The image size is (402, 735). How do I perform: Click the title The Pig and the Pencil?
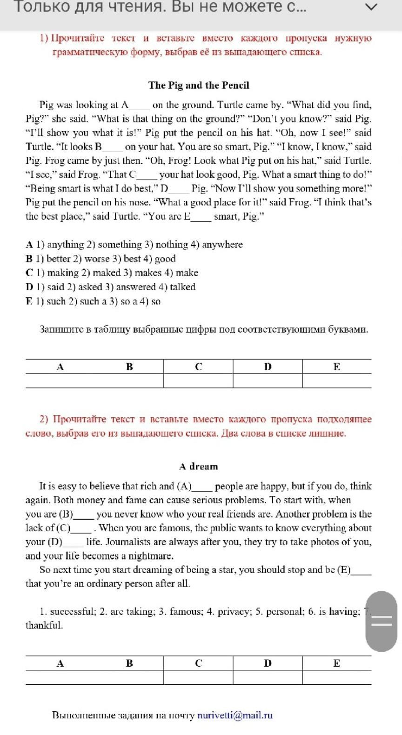click(199, 85)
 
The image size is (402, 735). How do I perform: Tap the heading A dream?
click(198, 466)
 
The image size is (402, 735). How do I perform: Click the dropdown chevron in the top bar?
click(371, 7)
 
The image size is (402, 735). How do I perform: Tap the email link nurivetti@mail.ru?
click(235, 715)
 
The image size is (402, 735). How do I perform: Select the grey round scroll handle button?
click(381, 621)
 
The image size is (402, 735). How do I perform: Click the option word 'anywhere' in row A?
click(222, 245)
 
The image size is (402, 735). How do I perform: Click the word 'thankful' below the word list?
click(44, 625)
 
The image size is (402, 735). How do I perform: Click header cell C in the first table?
click(198, 367)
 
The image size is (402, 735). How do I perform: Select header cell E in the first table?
click(336, 367)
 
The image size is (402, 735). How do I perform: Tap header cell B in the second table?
click(129, 663)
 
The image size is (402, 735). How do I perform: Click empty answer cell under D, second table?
click(268, 677)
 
